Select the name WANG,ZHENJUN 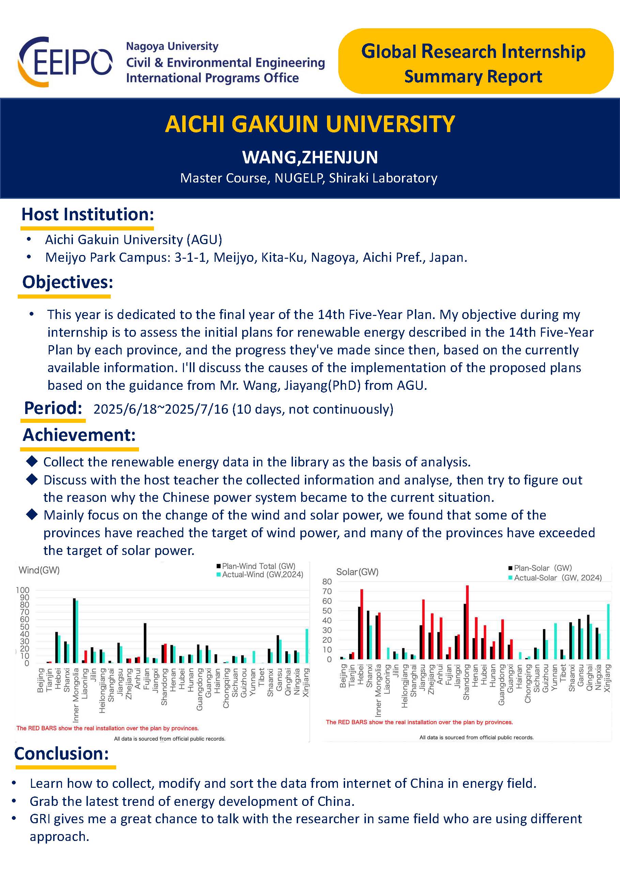click(x=310, y=157)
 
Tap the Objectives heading click(x=67, y=282)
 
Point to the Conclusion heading click(x=61, y=753)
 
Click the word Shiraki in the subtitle click(x=349, y=178)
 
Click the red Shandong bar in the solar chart click(x=467, y=622)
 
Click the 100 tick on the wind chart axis click(x=22, y=590)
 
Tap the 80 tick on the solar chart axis click(x=327, y=582)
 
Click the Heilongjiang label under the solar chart click(x=405, y=686)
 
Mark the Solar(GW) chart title click(x=357, y=572)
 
